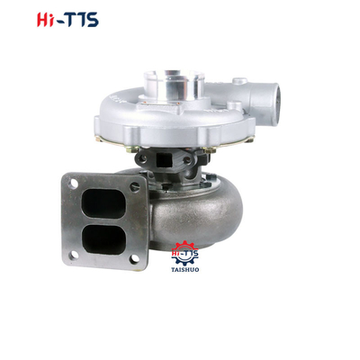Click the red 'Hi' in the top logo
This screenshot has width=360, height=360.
click(47, 20)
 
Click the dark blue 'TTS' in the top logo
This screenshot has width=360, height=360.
click(81, 20)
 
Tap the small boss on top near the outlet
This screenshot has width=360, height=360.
click(238, 82)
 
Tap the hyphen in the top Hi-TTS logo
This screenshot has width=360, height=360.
click(62, 21)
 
